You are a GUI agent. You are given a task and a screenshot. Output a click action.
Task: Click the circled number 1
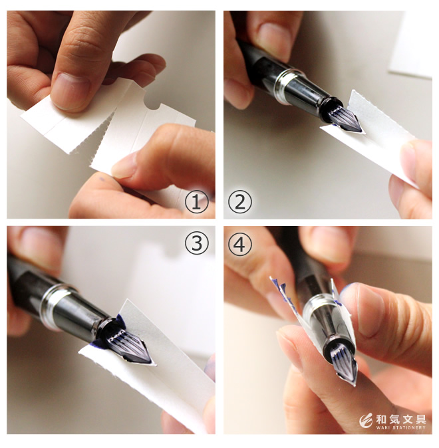click(x=196, y=202)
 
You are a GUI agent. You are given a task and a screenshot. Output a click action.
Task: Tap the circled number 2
click(x=240, y=202)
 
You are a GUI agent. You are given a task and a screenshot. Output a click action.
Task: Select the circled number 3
click(x=197, y=244)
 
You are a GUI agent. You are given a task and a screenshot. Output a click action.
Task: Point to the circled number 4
click(x=240, y=244)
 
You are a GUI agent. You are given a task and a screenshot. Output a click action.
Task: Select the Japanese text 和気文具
click(x=400, y=419)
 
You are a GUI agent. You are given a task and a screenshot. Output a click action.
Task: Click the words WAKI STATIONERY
click(x=400, y=427)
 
